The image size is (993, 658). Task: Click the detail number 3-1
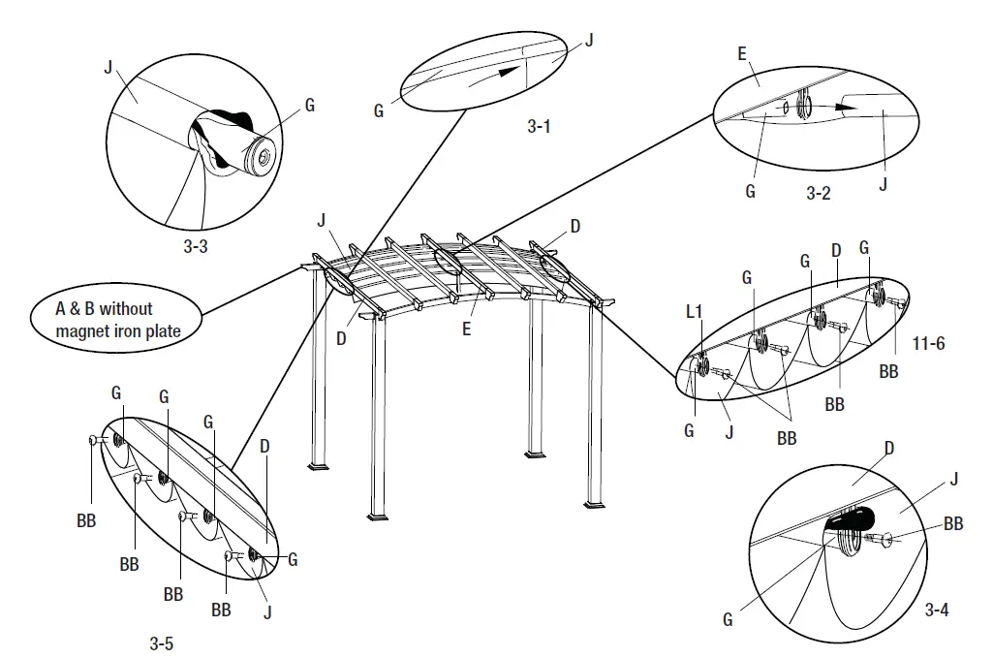[x=540, y=125]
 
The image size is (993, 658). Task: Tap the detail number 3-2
[x=819, y=193]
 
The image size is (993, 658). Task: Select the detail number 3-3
[x=196, y=246]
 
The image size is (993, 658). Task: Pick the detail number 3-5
[x=163, y=642]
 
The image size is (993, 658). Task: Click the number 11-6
[x=929, y=343]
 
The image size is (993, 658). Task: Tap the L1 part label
[x=694, y=313]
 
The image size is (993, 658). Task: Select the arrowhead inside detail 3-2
[x=846, y=105]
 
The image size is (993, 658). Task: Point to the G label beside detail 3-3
[x=309, y=106]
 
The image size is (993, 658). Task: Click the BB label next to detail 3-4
[x=953, y=524]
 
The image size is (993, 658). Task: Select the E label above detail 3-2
[x=742, y=54]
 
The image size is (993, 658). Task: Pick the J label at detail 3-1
[x=588, y=40]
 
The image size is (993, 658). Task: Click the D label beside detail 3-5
[x=264, y=449]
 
